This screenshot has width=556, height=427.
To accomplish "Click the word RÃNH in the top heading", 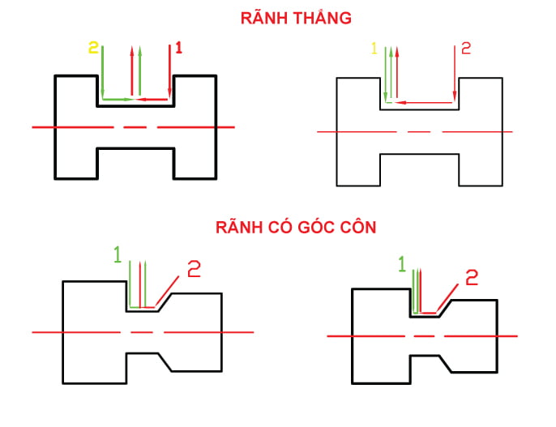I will coord(263,18).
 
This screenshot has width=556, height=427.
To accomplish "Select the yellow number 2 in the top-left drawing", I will coord(93,48).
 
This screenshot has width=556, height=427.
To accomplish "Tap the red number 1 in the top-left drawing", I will coord(178,48).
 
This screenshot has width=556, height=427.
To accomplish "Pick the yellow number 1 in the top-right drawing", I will coord(374,49).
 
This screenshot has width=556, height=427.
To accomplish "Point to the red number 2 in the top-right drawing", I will coord(465,49).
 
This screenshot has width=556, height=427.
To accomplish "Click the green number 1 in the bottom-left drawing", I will coord(118,255).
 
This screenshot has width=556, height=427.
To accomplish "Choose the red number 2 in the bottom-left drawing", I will coord(194,269).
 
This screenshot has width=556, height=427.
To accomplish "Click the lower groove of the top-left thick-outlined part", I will coord(135,162).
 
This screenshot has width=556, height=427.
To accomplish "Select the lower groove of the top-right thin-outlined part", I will coord(420,169).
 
